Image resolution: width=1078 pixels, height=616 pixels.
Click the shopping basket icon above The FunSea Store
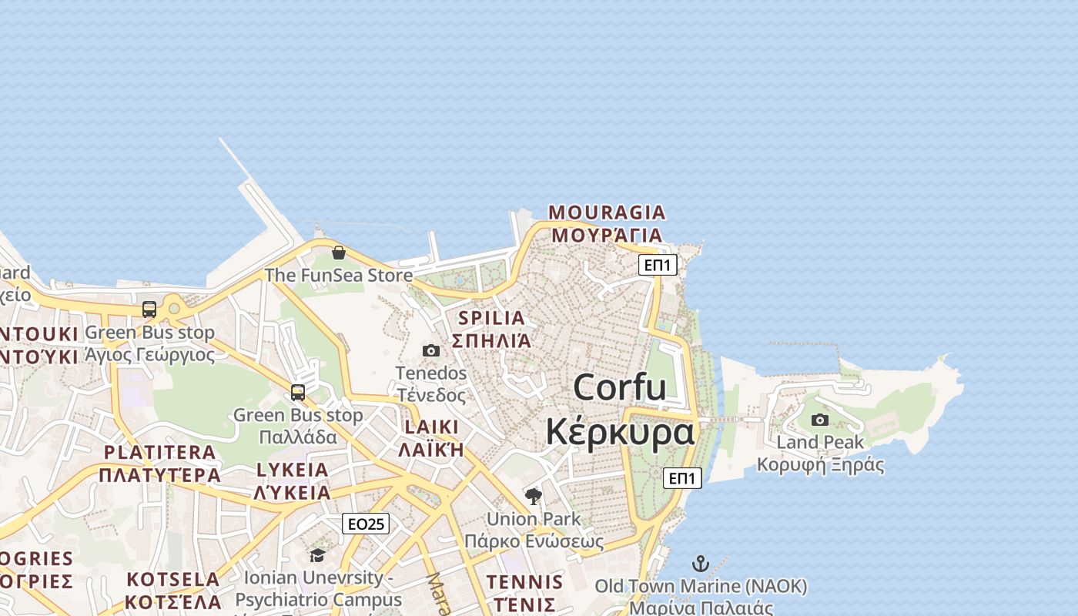338,252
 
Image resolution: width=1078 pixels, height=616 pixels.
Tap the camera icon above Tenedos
431,350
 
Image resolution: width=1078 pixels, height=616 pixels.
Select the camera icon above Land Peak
820,420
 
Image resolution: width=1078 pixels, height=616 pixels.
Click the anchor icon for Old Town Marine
700,563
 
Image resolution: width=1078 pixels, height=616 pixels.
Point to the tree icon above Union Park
533,496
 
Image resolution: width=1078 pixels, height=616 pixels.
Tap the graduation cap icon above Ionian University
317,555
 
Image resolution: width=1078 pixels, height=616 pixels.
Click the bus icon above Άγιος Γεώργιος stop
149,310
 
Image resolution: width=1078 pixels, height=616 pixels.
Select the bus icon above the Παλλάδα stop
298,392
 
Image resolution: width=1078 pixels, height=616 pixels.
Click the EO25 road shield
366,524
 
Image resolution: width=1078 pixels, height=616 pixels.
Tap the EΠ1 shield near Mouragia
658,266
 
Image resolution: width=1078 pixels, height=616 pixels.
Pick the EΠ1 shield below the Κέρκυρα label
682,478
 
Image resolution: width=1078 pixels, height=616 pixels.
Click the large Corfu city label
619,387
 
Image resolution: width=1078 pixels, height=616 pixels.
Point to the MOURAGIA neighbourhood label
607,212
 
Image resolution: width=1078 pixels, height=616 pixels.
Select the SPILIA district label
491,317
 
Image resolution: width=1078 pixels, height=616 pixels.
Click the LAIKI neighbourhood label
431,427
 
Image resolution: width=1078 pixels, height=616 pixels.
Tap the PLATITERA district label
159,452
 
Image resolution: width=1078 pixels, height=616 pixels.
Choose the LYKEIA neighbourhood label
292,470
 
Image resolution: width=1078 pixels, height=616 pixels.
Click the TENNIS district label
524,581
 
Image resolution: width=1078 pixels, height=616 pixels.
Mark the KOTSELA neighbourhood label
173,579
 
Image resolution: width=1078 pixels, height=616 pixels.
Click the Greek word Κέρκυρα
620,431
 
